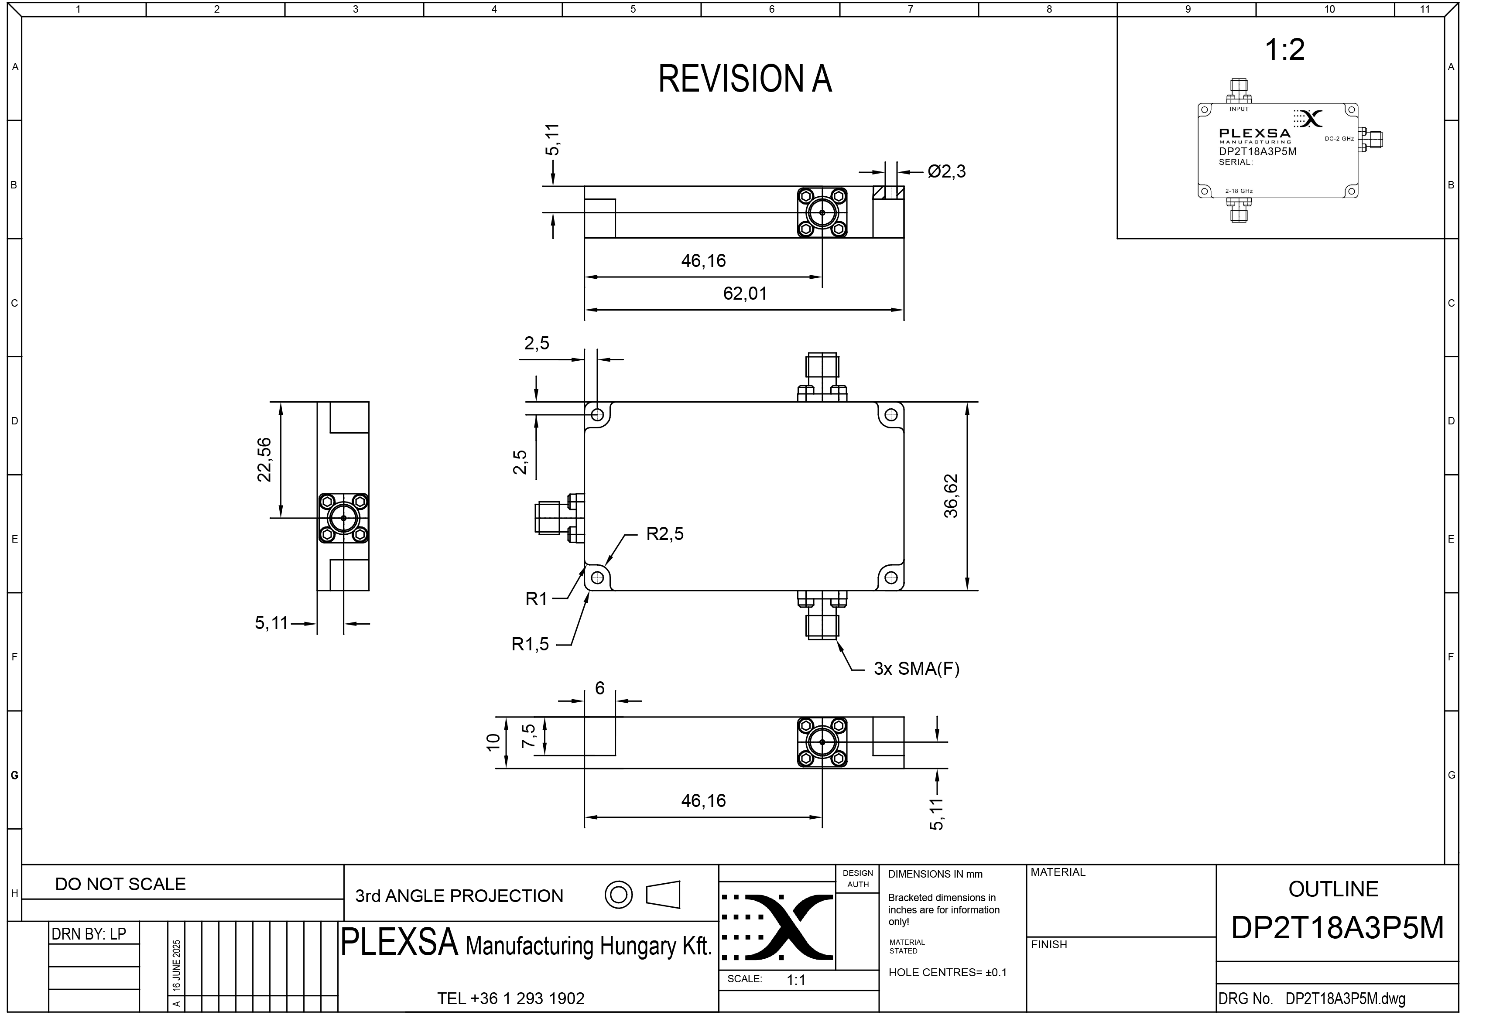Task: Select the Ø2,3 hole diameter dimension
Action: [x=946, y=171]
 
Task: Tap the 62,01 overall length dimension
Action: [x=745, y=294]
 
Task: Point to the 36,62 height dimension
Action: [x=951, y=496]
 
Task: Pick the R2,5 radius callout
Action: [x=665, y=534]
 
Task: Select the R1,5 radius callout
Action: [x=530, y=644]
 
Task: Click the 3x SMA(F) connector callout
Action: [x=916, y=669]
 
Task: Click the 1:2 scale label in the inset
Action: [x=1285, y=49]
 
